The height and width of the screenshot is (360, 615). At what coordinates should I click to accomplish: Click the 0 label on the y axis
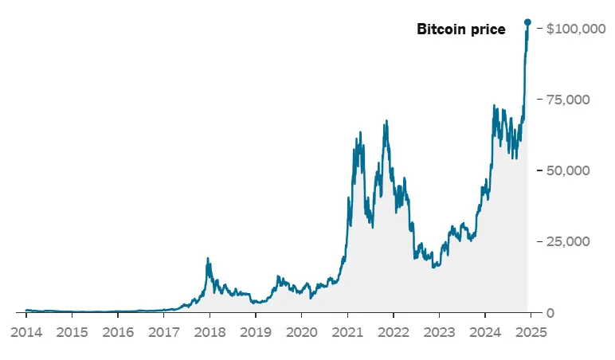point(549,312)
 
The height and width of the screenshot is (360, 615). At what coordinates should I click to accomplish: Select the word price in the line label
point(488,29)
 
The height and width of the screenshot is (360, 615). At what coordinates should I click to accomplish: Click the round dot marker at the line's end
point(527,22)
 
